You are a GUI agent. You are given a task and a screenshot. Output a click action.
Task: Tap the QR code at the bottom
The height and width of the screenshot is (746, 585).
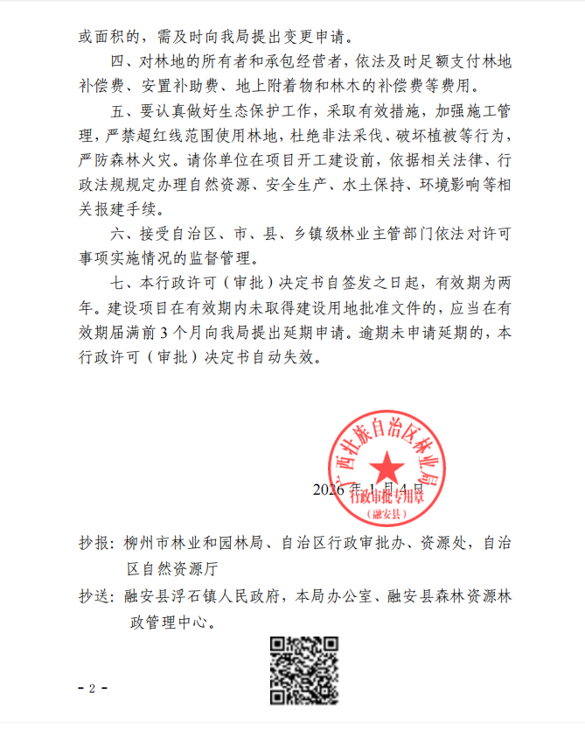point(303,671)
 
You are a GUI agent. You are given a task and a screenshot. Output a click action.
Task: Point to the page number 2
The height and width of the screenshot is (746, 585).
point(91,688)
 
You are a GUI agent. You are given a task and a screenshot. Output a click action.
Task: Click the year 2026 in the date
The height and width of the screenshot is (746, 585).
point(330,489)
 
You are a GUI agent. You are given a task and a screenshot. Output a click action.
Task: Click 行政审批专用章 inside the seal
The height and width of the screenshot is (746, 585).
point(385,496)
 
